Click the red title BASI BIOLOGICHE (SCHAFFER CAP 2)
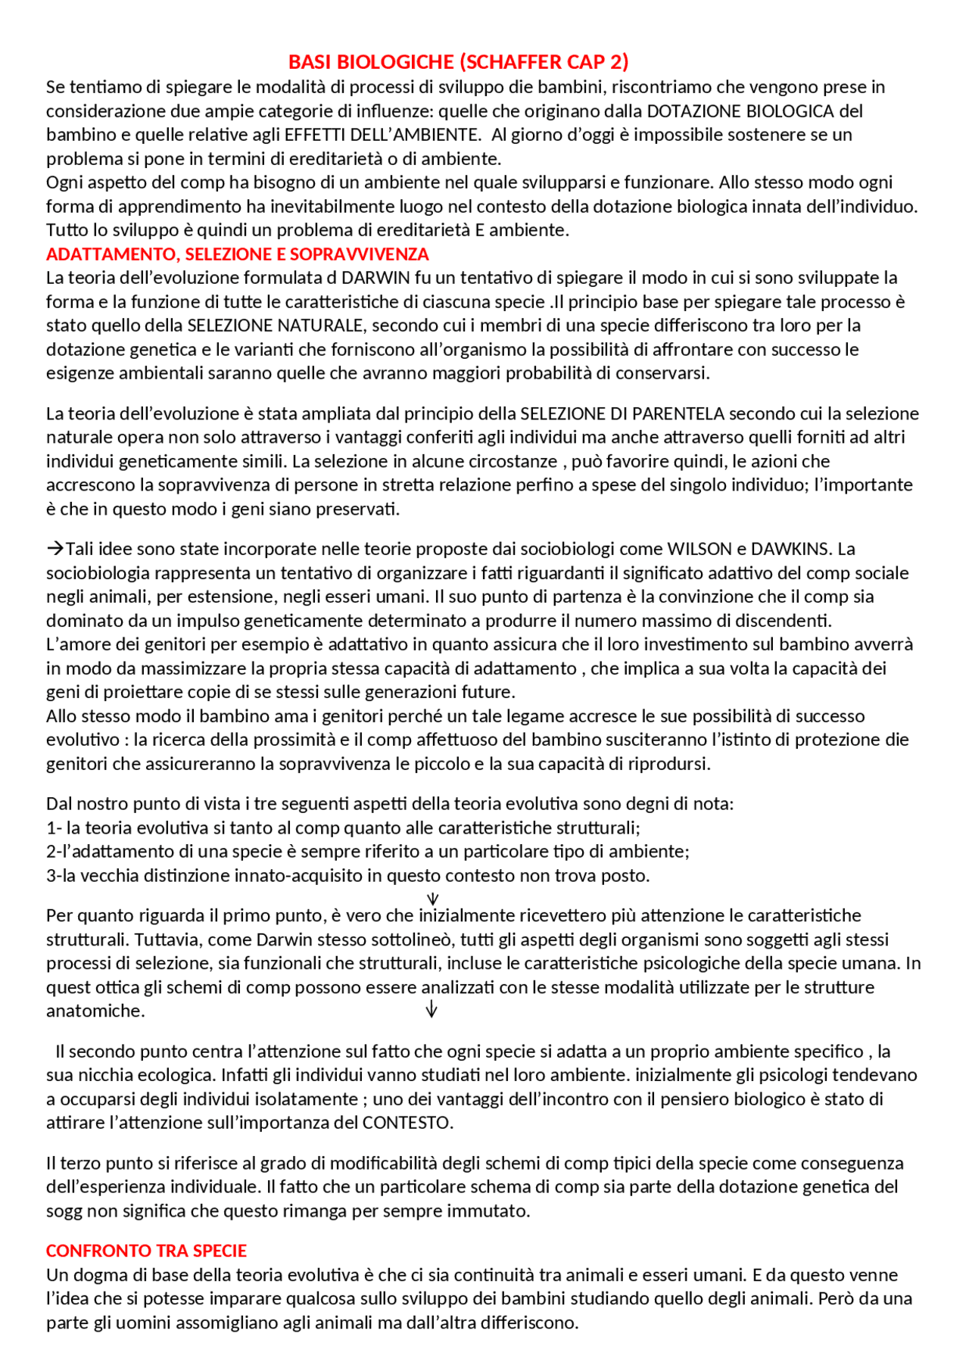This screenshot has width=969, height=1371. tap(458, 62)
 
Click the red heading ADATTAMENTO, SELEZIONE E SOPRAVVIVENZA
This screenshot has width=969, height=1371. tap(237, 254)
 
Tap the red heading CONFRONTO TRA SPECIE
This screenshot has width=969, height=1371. tap(146, 1251)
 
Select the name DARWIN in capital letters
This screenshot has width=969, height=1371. tap(371, 278)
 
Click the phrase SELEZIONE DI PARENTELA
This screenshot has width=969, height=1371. tap(622, 413)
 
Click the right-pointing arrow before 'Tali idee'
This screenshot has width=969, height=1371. tap(55, 549)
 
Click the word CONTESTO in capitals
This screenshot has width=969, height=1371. tap(406, 1123)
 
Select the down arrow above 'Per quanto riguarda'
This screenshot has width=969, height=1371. tap(433, 899)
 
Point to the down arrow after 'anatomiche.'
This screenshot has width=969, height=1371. tap(432, 1009)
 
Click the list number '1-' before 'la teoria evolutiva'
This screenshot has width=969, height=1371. tap(54, 828)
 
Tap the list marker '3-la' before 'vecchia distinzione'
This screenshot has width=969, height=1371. tap(61, 876)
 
